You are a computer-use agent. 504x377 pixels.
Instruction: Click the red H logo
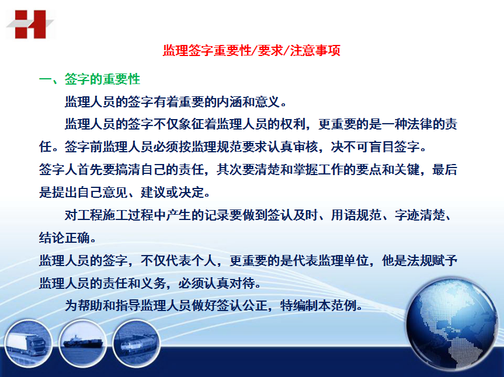30,25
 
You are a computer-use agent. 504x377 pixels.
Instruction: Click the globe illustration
451,324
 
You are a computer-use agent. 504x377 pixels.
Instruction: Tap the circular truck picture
28,344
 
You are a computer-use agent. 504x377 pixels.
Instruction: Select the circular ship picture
83,344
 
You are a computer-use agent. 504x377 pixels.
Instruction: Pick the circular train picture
136,344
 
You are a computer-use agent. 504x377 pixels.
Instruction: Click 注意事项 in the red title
315,50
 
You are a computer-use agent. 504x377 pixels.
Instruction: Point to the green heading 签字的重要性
103,79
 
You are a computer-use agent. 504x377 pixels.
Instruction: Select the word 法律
419,124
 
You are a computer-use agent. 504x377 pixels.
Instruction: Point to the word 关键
407,169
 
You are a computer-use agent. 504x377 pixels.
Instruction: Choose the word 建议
154,193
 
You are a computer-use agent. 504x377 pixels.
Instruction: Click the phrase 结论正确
64,238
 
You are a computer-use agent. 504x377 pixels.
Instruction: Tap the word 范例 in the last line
343,305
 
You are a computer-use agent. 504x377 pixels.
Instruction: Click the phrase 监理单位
343,260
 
